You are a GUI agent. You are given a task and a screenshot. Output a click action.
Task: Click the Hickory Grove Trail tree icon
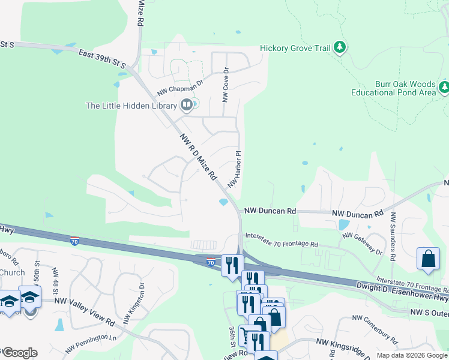(340, 47)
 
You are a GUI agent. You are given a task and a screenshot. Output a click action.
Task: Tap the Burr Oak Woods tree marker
(444, 88)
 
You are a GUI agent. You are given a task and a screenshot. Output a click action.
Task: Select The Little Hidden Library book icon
(186, 106)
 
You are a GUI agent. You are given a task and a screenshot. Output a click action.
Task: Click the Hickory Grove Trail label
(295, 48)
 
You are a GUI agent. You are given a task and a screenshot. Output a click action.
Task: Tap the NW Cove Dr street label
(226, 84)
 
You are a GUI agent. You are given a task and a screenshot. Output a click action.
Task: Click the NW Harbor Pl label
(234, 167)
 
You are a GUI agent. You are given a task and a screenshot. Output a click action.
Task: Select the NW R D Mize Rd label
(198, 157)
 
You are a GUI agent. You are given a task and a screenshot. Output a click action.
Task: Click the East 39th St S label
(102, 59)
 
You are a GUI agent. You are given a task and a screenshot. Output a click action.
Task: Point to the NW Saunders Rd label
(393, 236)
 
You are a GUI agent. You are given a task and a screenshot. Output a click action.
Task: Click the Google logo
(19, 353)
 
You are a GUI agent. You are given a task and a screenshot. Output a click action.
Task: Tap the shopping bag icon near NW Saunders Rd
(429, 259)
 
